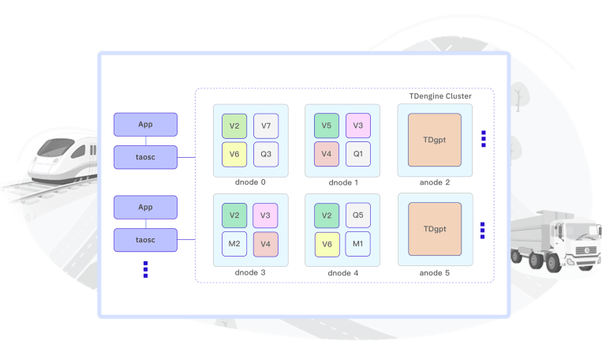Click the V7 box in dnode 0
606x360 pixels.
(x=266, y=126)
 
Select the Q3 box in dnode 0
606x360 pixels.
(x=266, y=154)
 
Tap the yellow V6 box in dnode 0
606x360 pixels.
(x=234, y=154)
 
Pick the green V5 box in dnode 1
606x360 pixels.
(x=327, y=126)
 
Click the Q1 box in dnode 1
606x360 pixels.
(x=357, y=153)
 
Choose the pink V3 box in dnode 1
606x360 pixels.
(x=357, y=126)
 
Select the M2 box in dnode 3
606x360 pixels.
(x=234, y=244)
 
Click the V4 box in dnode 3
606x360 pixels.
(x=266, y=244)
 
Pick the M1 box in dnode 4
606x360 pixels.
(x=357, y=244)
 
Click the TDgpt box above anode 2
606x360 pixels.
(x=435, y=140)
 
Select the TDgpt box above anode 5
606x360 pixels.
(x=435, y=229)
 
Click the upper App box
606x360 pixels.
(x=145, y=125)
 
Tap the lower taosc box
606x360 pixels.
(x=145, y=239)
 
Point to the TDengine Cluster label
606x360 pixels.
(x=440, y=96)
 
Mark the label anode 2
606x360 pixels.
(x=435, y=182)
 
